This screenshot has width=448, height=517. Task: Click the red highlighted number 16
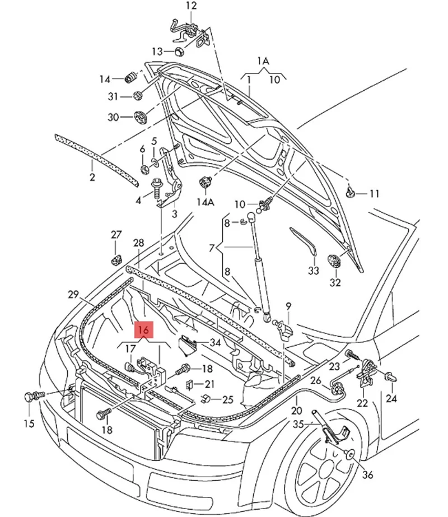click(143, 330)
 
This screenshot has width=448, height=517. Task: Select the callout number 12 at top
click(192, 6)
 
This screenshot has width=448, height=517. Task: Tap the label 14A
click(206, 201)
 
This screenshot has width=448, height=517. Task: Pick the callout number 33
click(313, 271)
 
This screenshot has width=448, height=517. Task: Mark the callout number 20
click(296, 411)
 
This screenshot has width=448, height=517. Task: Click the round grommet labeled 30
click(139, 118)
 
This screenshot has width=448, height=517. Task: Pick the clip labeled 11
click(351, 192)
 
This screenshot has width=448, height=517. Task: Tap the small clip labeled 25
click(205, 399)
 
